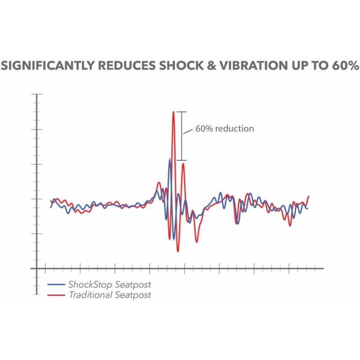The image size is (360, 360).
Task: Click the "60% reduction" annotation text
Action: [x=225, y=129]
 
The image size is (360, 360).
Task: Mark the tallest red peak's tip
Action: [x=173, y=112]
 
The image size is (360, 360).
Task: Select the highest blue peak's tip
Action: [x=169, y=159]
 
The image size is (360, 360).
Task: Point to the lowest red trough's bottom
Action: [x=178, y=252]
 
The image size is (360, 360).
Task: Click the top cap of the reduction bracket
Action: [x=181, y=112]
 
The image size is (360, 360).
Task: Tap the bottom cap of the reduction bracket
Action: [x=181, y=160]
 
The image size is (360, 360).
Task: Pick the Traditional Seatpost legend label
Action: [x=110, y=295]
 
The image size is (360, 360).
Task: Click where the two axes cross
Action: [x=36, y=269]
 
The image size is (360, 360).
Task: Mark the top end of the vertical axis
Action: [x=36, y=94]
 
